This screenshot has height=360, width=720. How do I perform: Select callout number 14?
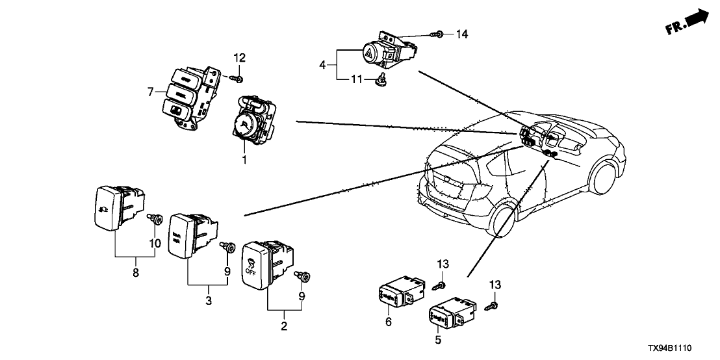click(x=463, y=33)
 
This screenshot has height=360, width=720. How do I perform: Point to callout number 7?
click(x=151, y=92)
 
